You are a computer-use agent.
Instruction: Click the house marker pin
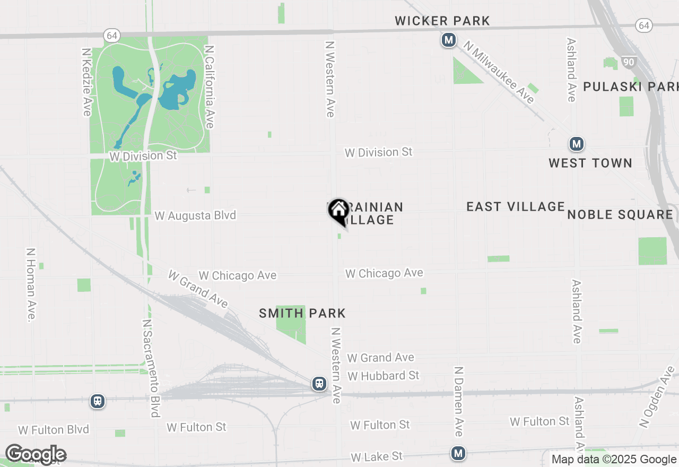tap(338, 211)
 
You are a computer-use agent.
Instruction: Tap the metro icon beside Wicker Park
tap(449, 40)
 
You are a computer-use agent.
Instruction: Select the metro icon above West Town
tap(577, 144)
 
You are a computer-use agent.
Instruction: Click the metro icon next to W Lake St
tap(458, 453)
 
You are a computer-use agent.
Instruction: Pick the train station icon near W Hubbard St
tap(319, 384)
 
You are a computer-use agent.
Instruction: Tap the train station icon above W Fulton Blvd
tap(97, 401)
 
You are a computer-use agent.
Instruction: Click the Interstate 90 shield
tap(629, 62)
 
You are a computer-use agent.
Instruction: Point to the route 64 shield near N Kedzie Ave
tap(112, 36)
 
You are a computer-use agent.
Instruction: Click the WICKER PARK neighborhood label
tap(442, 21)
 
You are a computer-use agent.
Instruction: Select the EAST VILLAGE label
tap(516, 206)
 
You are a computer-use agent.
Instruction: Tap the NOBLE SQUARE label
tap(620, 214)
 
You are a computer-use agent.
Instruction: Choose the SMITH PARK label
tap(302, 314)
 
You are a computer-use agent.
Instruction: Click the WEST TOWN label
tap(590, 163)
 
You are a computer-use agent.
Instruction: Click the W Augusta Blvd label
tap(195, 215)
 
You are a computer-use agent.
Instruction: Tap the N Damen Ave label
tap(459, 401)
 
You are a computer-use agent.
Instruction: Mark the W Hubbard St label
tap(384, 376)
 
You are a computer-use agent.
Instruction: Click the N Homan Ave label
tap(30, 284)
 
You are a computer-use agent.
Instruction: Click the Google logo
tap(36, 454)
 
